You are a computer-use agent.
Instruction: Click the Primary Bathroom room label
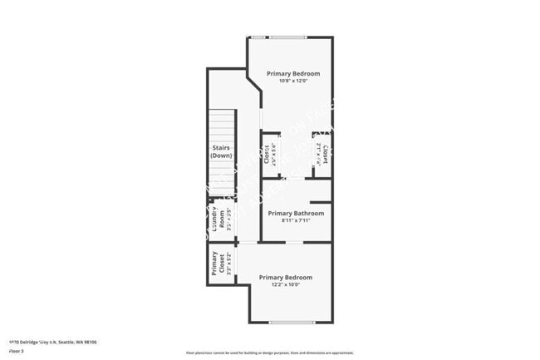[296, 213]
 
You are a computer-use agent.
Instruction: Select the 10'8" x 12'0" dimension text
[292, 81]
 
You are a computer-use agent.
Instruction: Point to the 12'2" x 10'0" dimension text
[285, 285]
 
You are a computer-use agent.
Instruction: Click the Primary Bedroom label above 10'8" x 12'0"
[292, 73]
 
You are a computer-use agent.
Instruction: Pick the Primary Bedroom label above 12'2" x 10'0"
[285, 277]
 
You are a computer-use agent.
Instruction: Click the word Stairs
[221, 148]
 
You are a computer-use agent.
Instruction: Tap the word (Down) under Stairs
[221, 155]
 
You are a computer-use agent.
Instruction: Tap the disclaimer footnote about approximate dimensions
[269, 353]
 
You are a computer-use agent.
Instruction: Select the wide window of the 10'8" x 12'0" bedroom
[287, 37]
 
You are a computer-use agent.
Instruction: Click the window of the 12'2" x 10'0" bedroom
[292, 323]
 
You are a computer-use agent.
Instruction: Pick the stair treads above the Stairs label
[222, 126]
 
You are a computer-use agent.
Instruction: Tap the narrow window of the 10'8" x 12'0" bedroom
[259, 37]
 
